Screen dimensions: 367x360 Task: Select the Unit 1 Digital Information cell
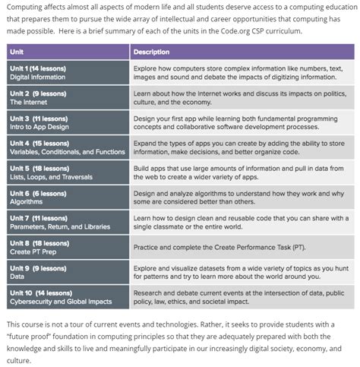67,72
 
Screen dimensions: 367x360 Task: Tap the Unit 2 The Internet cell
67,96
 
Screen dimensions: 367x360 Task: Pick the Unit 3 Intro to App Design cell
67,122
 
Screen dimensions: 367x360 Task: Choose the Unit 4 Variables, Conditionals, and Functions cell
67,146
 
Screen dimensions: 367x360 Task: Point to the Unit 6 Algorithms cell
67,195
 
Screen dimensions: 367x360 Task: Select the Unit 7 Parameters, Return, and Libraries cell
67,220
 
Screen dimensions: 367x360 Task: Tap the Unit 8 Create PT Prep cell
67,245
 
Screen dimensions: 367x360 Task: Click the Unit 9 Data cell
67,270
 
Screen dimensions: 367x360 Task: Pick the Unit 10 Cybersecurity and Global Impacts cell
67,294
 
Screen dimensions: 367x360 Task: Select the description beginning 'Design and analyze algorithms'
237,195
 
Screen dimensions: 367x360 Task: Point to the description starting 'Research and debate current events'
237,294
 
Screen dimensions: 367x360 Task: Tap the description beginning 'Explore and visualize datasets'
237,270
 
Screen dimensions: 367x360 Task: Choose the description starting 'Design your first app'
237,122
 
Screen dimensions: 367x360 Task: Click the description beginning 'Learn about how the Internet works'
237,96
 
